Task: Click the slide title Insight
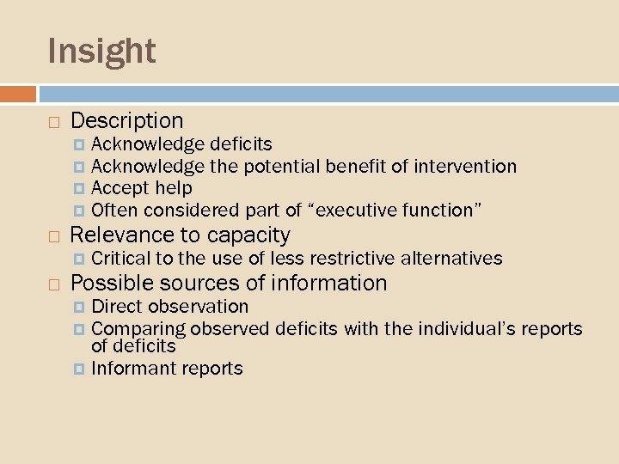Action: click(x=101, y=51)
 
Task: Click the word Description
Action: click(x=127, y=121)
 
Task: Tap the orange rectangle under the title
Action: click(x=18, y=94)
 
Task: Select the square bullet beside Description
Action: click(x=53, y=122)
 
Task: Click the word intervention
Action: click(x=465, y=166)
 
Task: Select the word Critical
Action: click(x=120, y=258)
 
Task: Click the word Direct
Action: click(x=117, y=306)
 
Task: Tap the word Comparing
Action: click(x=138, y=329)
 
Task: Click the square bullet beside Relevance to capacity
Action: click(x=53, y=235)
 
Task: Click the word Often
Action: click(x=115, y=210)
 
